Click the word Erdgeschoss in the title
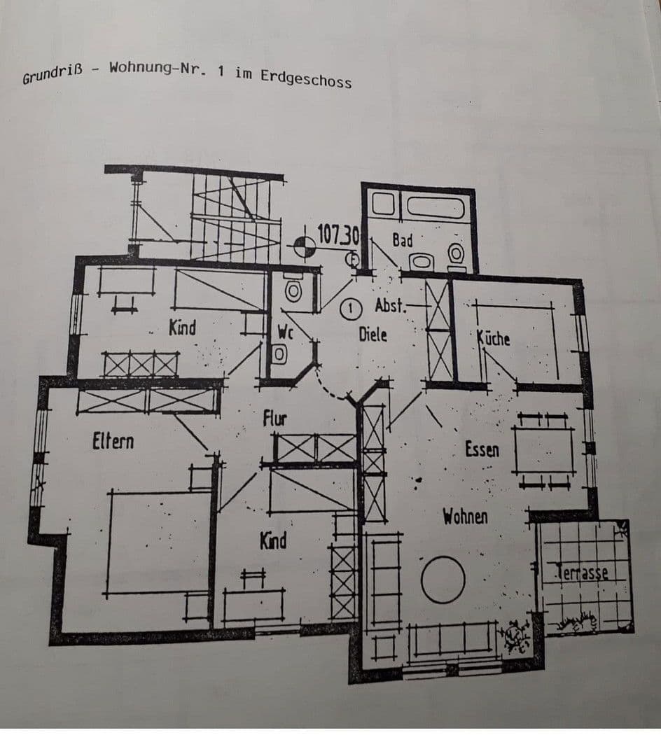click(306, 78)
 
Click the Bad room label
click(402, 240)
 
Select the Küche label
click(493, 339)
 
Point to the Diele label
click(373, 334)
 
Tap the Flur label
click(274, 419)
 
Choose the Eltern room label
click(113, 442)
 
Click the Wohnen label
click(464, 517)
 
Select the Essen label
click(482, 449)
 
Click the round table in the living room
click(443, 579)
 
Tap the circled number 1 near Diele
click(350, 307)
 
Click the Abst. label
click(389, 306)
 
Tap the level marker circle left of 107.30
click(303, 245)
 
